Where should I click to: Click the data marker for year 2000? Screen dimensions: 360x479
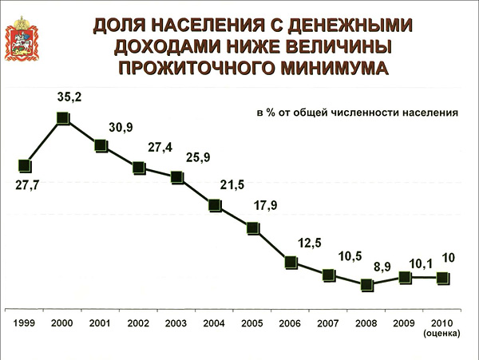(x=63, y=120)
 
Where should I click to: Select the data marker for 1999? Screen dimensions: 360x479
(x=25, y=166)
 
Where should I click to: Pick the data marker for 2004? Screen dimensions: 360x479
(x=215, y=205)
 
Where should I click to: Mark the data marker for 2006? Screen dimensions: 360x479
(x=291, y=262)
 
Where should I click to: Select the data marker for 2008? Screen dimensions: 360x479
(x=366, y=285)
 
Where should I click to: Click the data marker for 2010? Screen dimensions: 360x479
(x=442, y=278)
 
